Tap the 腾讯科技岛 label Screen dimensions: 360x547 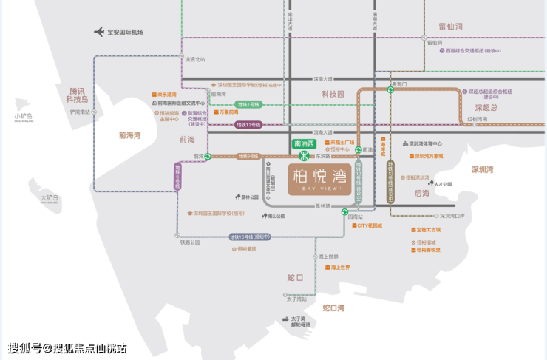[77, 95]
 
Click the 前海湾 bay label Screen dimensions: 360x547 [133, 135]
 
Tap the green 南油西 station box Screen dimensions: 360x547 [304, 143]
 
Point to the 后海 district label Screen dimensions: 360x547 [421, 193]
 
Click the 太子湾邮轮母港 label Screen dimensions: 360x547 [295, 322]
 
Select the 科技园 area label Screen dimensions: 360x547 [333, 94]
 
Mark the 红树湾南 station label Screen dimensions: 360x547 [481, 119]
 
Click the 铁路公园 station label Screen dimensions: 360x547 [190, 242]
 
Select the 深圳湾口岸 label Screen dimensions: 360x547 [452, 216]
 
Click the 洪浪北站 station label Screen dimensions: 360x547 [195, 59]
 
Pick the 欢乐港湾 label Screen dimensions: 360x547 [167, 95]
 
